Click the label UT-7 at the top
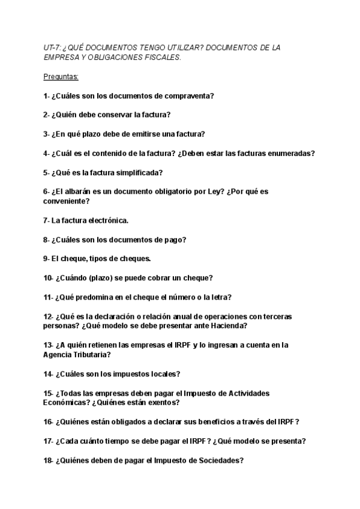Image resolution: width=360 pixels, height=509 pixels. tap(52, 47)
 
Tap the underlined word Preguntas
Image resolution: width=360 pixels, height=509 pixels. tap(61, 77)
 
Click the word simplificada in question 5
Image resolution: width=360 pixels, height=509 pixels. tap(138, 172)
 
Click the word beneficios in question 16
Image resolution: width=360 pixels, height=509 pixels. tap(203, 422)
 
